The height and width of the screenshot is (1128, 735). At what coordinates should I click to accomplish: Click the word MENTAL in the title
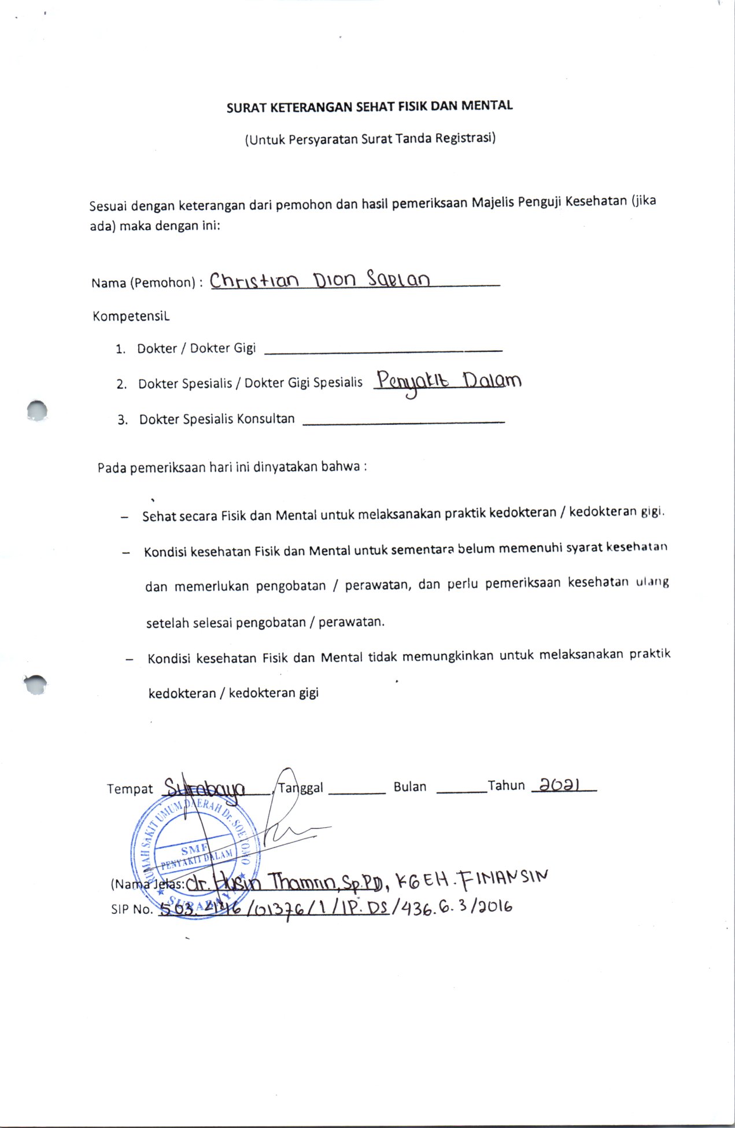tap(487, 106)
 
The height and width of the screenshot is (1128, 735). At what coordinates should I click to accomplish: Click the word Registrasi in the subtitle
tap(465, 138)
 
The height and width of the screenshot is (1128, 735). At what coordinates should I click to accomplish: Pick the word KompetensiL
tap(131, 317)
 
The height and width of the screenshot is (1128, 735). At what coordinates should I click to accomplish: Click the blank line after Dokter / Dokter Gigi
tap(383, 350)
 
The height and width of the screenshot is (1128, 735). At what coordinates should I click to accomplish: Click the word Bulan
tap(410, 787)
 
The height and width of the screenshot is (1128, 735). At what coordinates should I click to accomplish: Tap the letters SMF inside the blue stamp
tap(194, 850)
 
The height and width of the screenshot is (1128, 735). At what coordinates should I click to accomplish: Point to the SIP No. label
tap(132, 909)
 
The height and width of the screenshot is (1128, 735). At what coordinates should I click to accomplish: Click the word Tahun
tap(506, 786)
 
